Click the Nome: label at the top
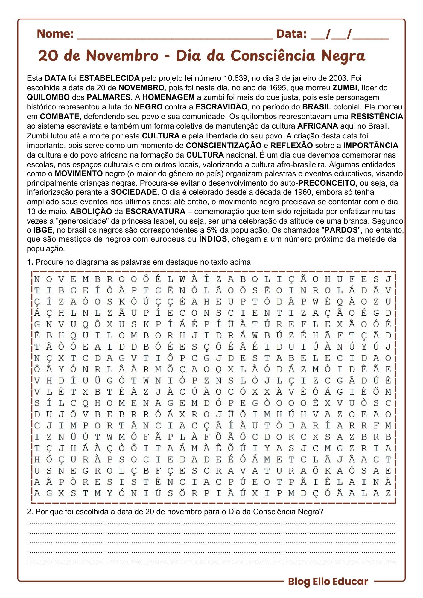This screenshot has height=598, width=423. point(55,34)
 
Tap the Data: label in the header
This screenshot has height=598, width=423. point(291,34)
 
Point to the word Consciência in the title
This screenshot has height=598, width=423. point(273,56)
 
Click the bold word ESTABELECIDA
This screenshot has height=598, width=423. point(109,78)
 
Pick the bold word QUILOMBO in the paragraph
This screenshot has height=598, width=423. point(48,97)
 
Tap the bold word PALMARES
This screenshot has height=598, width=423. point(109,97)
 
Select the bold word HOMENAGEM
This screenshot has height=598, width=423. point(168,97)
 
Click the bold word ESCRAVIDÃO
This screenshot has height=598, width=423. point(221,107)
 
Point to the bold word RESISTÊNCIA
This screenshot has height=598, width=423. point(377,117)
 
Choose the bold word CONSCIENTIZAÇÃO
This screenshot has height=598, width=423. point(223,146)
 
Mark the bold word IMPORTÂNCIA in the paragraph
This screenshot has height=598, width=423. point(371,146)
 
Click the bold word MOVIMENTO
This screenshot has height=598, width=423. point(79,174)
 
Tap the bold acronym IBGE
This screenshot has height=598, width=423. point(43,230)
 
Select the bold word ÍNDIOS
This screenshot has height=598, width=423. point(213,239)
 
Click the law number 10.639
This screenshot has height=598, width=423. point(235,78)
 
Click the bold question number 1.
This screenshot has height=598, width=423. point(30,262)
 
